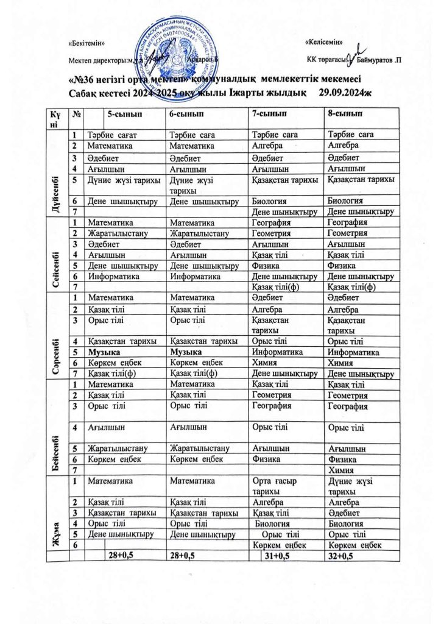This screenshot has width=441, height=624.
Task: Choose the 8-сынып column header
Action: (x=345, y=114)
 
